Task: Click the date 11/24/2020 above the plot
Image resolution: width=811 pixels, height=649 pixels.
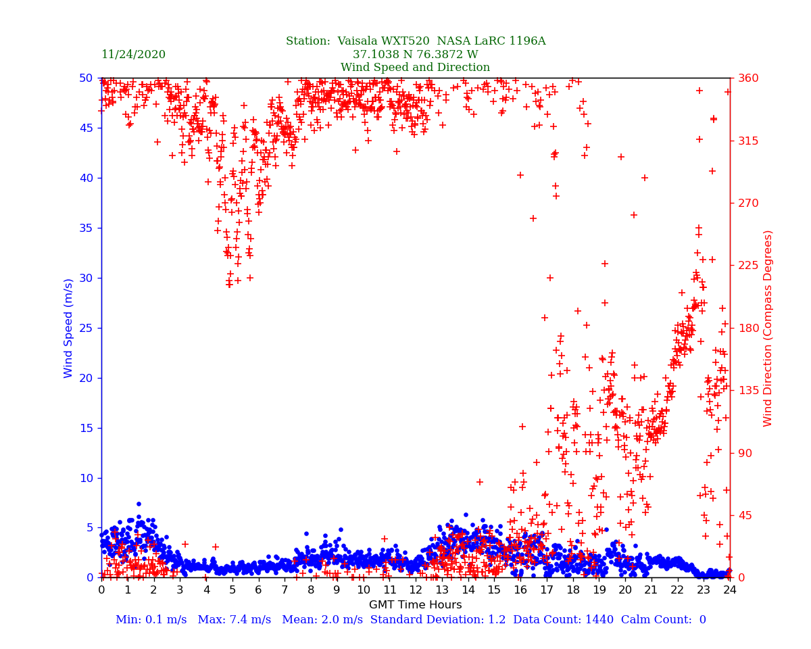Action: pos(133,55)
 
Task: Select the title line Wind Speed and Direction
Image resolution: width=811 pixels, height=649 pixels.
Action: pos(415,68)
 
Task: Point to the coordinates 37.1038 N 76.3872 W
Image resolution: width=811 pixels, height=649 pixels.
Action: pos(415,55)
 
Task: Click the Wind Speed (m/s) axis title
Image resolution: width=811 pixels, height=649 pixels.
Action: pos(69,328)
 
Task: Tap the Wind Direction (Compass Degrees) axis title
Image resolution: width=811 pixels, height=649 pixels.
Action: pos(768,328)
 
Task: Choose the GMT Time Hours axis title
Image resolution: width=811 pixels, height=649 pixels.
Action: pos(415,605)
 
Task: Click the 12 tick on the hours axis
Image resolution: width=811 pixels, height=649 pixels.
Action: pos(416,590)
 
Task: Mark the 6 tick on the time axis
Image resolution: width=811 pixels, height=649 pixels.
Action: pos(258,590)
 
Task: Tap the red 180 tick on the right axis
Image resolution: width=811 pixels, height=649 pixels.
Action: pos(747,328)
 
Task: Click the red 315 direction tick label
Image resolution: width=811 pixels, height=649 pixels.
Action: pos(747,141)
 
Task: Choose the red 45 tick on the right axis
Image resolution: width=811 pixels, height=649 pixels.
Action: pos(744,515)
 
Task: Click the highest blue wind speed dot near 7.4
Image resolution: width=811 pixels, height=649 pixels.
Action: pos(139,504)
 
